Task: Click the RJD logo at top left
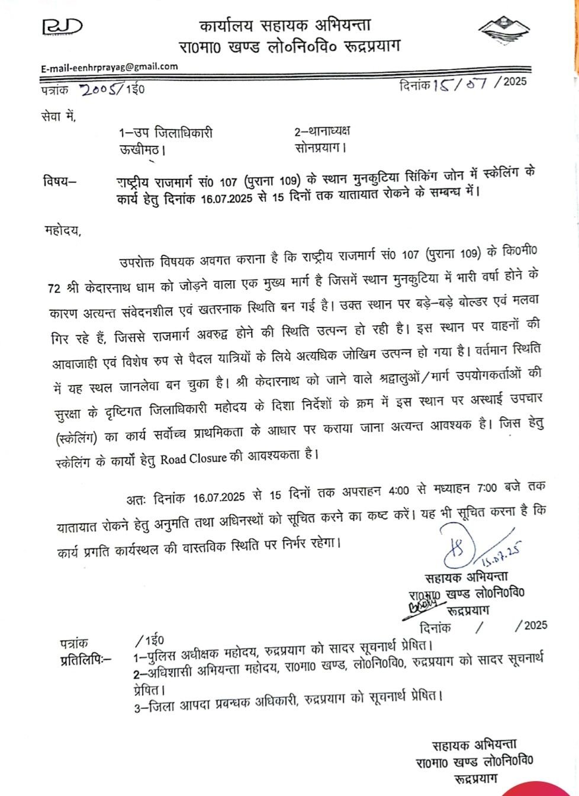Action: (x=61, y=27)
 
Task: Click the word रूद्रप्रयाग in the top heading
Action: (x=369, y=46)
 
